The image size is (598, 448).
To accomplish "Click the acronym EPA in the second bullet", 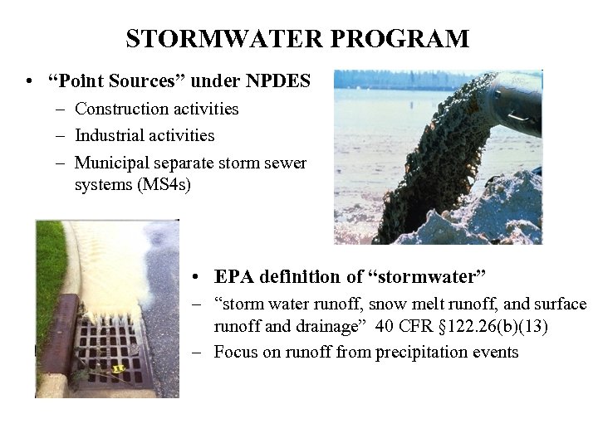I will [233, 276].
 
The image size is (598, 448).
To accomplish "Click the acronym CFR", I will [418, 326].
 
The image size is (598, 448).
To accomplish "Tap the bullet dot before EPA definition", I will [193, 277].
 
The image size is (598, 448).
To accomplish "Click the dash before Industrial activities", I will [63, 135].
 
